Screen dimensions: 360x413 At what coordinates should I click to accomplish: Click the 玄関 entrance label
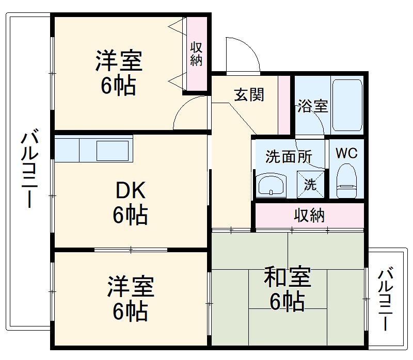coord(249,94)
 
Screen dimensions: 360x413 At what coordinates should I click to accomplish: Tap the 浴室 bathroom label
coord(312,107)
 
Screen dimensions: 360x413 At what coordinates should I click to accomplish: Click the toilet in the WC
coord(346,181)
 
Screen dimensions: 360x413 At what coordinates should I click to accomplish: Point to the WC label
coord(346,153)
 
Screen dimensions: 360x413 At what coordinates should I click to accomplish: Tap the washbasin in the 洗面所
coord(272,185)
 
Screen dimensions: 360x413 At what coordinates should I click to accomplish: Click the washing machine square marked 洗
coord(311,184)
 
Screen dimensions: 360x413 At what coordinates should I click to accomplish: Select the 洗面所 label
coord(289,157)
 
